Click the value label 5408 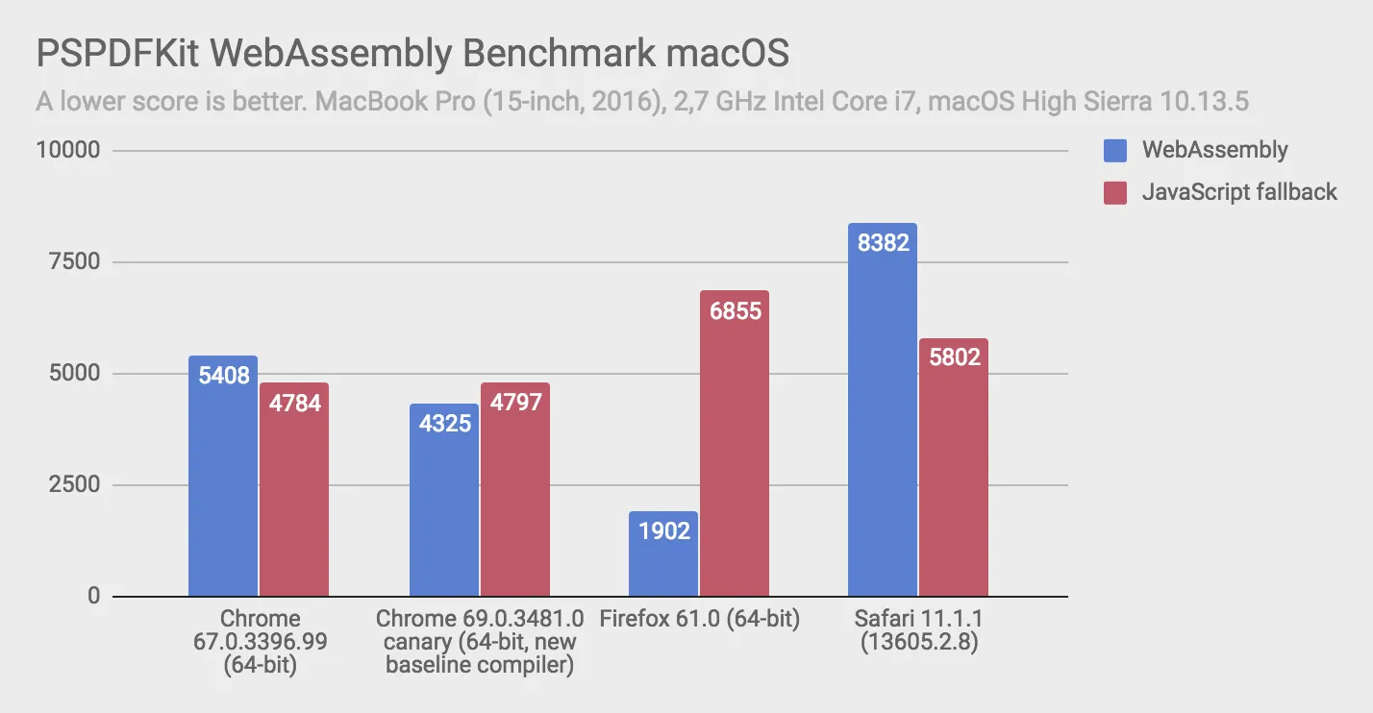(x=224, y=375)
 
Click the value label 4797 (x=515, y=402)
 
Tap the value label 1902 (x=663, y=529)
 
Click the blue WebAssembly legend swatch (x=1114, y=151)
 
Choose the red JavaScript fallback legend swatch (x=1114, y=192)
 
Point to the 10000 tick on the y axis (x=66, y=151)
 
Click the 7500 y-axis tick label (x=72, y=262)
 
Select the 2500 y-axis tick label (x=72, y=485)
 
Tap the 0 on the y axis (x=93, y=597)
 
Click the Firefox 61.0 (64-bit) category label (x=699, y=619)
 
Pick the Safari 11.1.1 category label (x=918, y=619)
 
